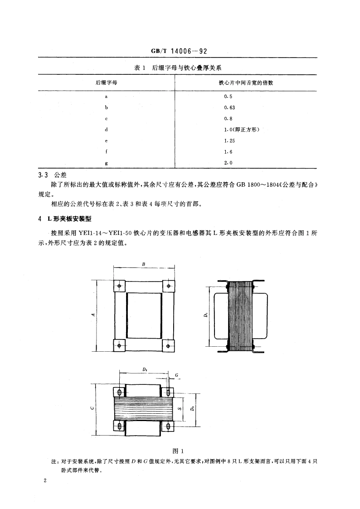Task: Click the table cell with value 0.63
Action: [229, 107]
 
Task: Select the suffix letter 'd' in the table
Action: [106, 130]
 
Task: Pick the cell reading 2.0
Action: [228, 162]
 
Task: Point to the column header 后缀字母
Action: [106, 83]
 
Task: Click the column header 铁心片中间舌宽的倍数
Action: [245, 83]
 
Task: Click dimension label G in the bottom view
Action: [176, 375]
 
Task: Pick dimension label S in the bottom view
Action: [180, 408]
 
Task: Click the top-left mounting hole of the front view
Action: [119, 286]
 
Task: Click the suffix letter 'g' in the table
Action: [106, 162]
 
